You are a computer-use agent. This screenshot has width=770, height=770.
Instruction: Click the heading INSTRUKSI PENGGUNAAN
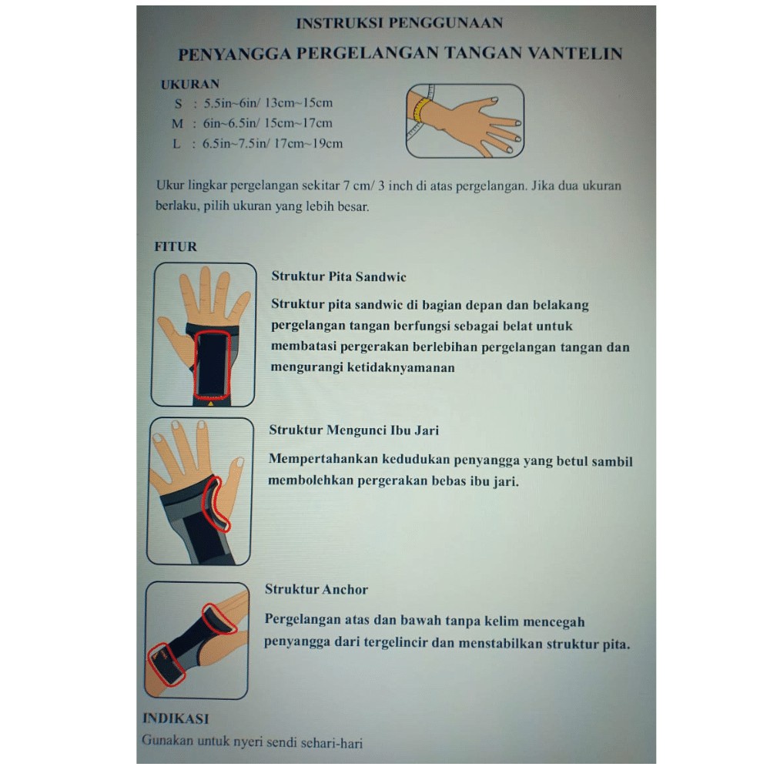(399, 23)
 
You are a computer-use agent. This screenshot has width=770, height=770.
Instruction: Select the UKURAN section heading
(190, 84)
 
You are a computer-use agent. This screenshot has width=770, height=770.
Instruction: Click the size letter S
(179, 104)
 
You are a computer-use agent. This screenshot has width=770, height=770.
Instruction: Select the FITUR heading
(176, 246)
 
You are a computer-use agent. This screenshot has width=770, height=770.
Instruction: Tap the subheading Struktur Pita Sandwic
(339, 276)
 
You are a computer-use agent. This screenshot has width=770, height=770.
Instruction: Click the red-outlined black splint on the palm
(213, 364)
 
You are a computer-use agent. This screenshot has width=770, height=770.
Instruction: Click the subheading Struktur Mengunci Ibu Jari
(353, 430)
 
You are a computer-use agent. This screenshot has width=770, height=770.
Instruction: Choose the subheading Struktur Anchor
(316, 589)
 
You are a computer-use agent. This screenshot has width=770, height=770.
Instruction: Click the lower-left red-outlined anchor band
(167, 664)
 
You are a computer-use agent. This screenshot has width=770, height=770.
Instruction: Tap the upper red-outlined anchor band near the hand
(219, 619)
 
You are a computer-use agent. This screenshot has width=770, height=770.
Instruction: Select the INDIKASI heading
(176, 718)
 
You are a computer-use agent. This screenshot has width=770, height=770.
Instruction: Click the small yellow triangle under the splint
(211, 403)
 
